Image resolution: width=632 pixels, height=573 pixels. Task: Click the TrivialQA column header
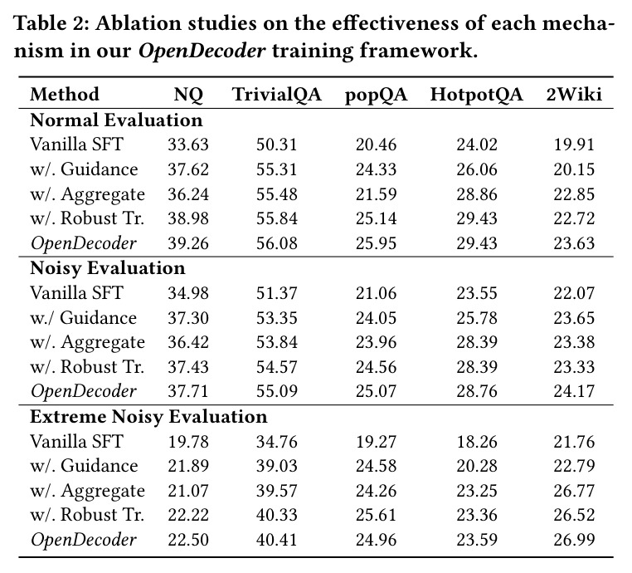click(x=276, y=95)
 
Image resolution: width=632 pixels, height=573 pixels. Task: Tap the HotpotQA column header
click(x=476, y=95)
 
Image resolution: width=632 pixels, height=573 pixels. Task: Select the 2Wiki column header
click(x=574, y=95)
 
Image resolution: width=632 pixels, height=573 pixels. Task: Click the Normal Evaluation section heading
click(x=116, y=120)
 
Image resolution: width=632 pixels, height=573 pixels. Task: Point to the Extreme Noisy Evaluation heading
click(x=148, y=417)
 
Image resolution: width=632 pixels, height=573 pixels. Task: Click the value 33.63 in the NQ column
click(x=188, y=144)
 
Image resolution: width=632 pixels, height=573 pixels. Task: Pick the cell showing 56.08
click(x=276, y=243)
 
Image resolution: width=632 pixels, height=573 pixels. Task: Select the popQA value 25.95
click(x=376, y=243)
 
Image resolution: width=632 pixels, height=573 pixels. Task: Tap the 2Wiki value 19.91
click(x=574, y=144)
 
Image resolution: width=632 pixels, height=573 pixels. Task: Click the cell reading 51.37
click(x=276, y=293)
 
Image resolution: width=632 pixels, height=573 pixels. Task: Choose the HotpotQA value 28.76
click(x=477, y=391)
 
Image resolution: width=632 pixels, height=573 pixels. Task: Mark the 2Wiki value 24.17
click(x=574, y=391)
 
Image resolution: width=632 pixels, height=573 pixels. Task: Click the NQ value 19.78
click(x=188, y=442)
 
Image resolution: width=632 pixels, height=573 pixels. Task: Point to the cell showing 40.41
click(x=276, y=540)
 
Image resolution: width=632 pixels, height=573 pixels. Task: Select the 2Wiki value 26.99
click(x=574, y=540)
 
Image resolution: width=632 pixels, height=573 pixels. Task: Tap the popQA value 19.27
click(x=376, y=442)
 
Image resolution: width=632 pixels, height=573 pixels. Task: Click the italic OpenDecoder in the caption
click(x=202, y=51)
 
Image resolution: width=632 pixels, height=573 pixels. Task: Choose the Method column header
click(x=65, y=95)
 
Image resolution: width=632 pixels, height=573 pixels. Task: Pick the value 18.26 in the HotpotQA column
click(x=477, y=442)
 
